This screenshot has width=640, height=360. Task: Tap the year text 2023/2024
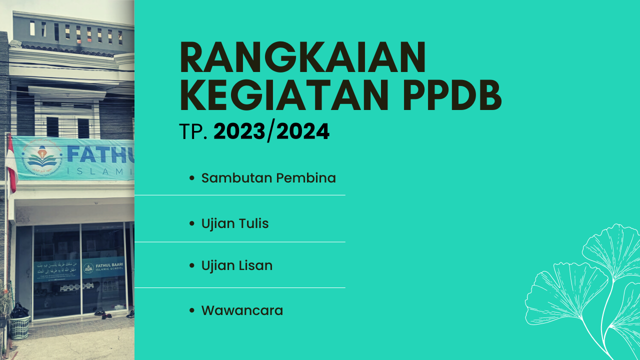pyautogui.click(x=271, y=131)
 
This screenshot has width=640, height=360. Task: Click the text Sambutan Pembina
pyautogui.click(x=268, y=178)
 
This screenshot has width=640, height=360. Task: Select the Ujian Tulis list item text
pyautogui.click(x=235, y=223)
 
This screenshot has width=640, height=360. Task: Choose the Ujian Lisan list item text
pyautogui.click(x=237, y=265)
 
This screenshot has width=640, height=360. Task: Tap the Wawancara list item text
pyautogui.click(x=242, y=310)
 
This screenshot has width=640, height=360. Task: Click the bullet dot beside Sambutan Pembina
pyautogui.click(x=192, y=178)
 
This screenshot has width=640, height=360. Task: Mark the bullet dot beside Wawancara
pyautogui.click(x=192, y=311)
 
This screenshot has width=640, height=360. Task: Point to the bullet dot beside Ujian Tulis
pyautogui.click(x=192, y=224)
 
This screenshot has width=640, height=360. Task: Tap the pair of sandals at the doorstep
pyautogui.click(x=103, y=314)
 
